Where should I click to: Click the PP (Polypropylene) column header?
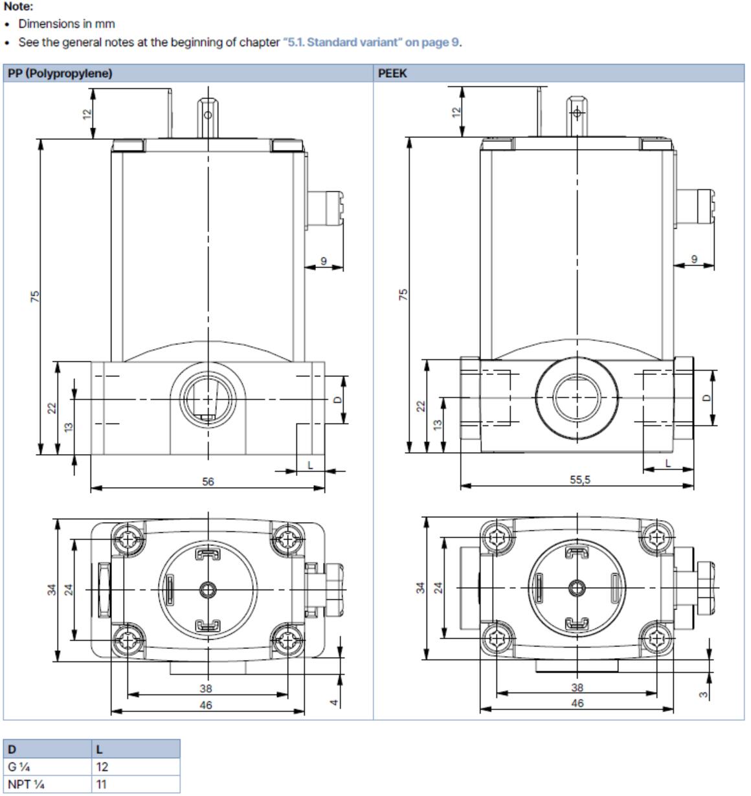60,73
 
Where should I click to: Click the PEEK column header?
392,73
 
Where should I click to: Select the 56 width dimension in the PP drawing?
207,481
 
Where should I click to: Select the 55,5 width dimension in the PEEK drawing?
579,480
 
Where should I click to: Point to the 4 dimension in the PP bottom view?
334,702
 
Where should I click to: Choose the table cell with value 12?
102,767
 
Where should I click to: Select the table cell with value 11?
102,784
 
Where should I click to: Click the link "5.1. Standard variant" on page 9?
371,42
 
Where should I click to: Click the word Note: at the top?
18,6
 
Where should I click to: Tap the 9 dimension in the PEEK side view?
694,259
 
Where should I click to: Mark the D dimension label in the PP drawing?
337,400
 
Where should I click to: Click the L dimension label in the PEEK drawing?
668,463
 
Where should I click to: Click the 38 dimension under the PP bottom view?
206,688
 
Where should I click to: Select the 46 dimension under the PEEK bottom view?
577,703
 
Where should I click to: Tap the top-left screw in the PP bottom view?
128,538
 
